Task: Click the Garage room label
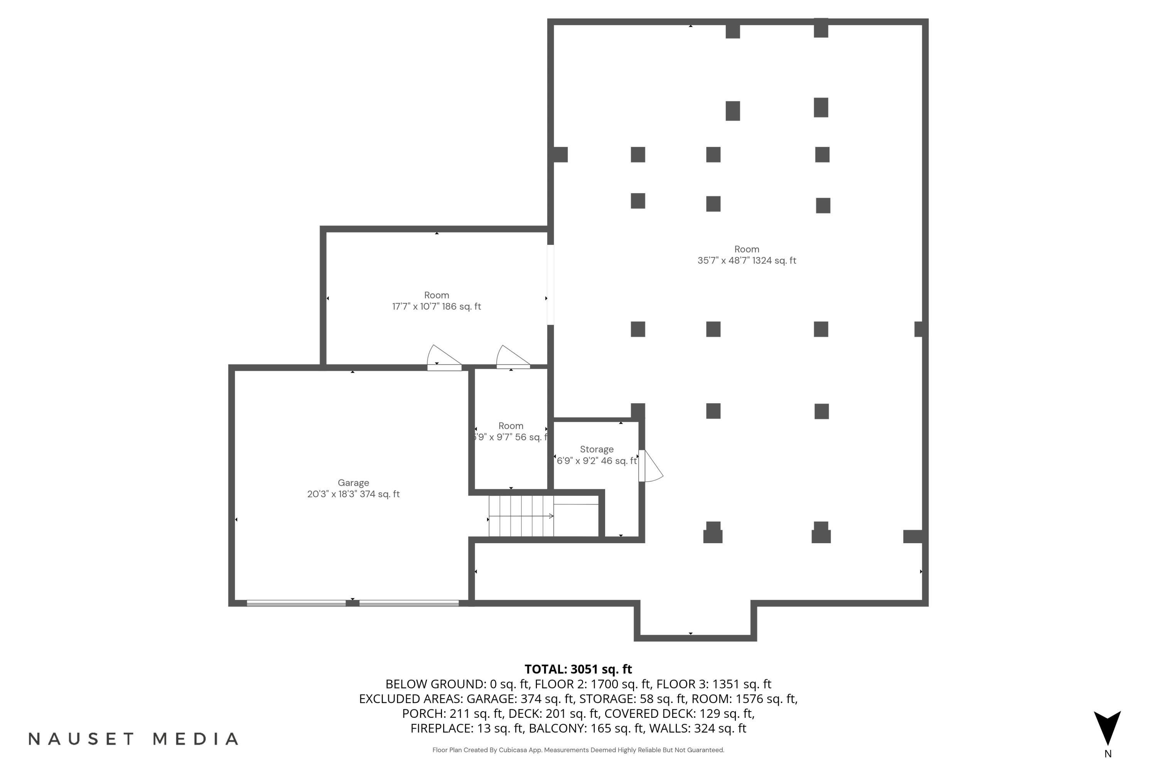point(353,483)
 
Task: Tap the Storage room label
point(596,449)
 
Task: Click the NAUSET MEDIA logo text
point(133,739)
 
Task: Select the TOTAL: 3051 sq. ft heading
point(578,669)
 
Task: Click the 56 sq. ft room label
point(511,426)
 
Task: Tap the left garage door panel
point(296,603)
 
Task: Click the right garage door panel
point(409,603)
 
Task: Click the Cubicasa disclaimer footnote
point(578,750)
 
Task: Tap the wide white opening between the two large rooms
point(550,285)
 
